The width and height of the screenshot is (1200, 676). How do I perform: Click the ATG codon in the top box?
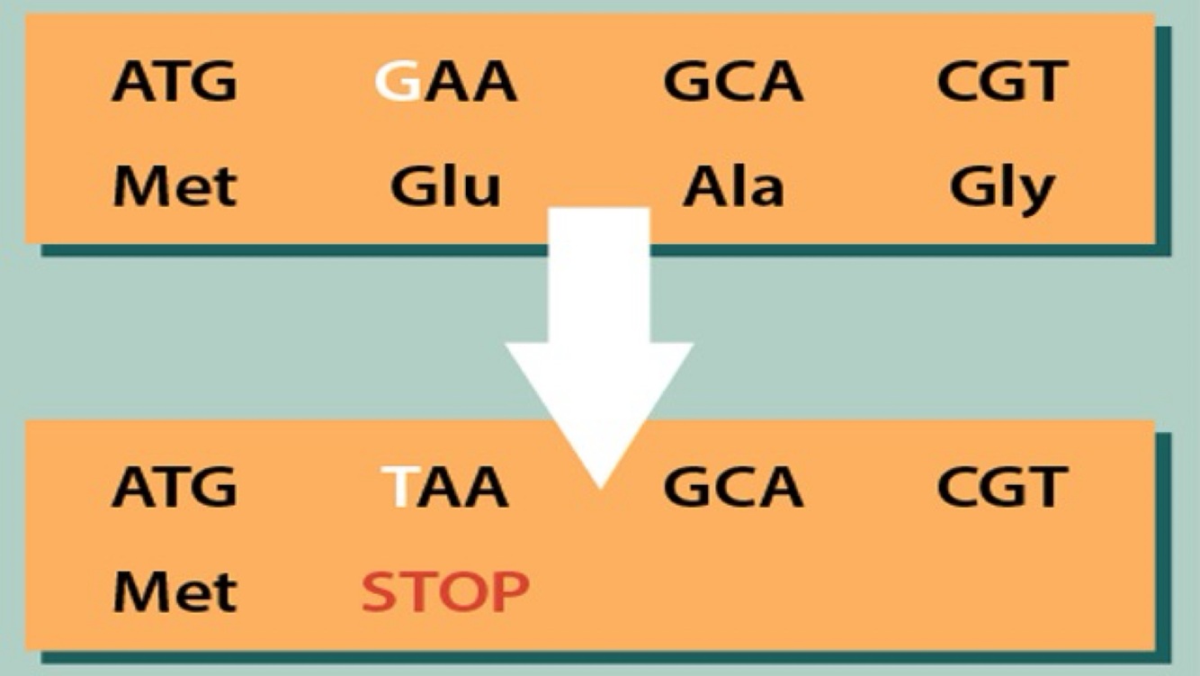[175, 82]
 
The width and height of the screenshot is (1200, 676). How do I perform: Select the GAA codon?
[445, 82]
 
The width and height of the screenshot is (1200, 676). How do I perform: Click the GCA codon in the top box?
[732, 82]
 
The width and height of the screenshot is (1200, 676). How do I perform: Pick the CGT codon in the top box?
[1001, 82]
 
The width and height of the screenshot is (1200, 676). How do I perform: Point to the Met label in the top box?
[175, 187]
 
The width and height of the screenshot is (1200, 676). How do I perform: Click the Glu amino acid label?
[445, 187]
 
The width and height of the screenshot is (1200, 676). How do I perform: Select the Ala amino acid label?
[732, 187]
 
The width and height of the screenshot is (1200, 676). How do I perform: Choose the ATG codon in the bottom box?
[175, 487]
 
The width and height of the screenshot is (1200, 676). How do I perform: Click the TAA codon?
[444, 487]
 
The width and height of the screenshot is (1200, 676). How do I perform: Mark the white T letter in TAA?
[396, 487]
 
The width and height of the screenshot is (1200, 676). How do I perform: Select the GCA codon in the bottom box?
[732, 487]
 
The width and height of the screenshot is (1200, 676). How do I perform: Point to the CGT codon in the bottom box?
[1001, 487]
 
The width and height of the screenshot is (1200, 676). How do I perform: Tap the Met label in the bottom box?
[175, 591]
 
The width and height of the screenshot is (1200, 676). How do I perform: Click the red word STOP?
[444, 591]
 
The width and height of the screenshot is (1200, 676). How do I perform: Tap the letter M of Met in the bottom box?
[139, 591]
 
